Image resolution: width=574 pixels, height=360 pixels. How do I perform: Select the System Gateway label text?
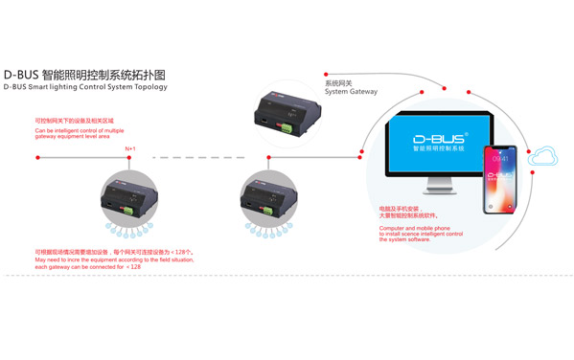click(350, 92)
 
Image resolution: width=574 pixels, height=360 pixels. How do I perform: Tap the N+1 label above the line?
click(131, 148)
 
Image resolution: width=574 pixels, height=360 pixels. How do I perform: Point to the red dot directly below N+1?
click(131, 156)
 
